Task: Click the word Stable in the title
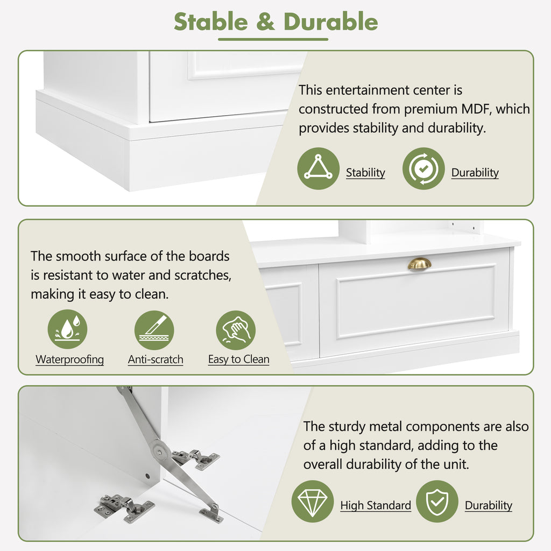pyautogui.click(x=211, y=22)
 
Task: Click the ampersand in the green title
pyautogui.click(x=266, y=22)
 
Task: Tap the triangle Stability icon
pyautogui.click(x=319, y=168)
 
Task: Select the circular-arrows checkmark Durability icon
pyautogui.click(x=423, y=168)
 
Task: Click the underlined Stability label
pyautogui.click(x=365, y=173)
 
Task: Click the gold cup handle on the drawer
pyautogui.click(x=419, y=264)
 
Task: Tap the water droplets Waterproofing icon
pyautogui.click(x=67, y=329)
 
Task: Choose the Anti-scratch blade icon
pyautogui.click(x=154, y=330)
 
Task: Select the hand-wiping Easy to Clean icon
pyautogui.click(x=236, y=330)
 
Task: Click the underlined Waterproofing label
pyautogui.click(x=69, y=359)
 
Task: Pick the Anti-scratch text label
pyautogui.click(x=156, y=359)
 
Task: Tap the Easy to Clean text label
pyautogui.click(x=239, y=359)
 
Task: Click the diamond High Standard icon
pyautogui.click(x=313, y=501)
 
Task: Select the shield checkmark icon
pyautogui.click(x=437, y=501)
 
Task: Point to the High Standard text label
pyautogui.click(x=376, y=505)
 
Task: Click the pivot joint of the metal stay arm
pyautogui.click(x=160, y=451)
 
